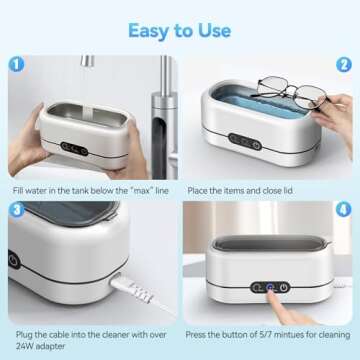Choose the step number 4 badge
pyautogui.click(x=344, y=211)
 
